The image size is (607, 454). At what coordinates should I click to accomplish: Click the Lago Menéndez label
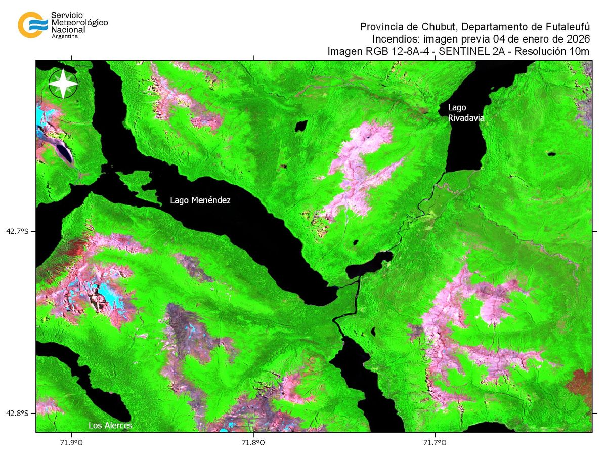200,200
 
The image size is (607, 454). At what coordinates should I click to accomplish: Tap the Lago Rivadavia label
466,112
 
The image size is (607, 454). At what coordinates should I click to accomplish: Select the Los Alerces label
110,425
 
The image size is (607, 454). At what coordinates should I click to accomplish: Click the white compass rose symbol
63,84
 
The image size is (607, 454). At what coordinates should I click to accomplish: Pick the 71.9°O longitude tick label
72,443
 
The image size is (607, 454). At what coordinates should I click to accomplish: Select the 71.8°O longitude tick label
253,443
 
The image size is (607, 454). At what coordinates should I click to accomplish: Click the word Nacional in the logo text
68,30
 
